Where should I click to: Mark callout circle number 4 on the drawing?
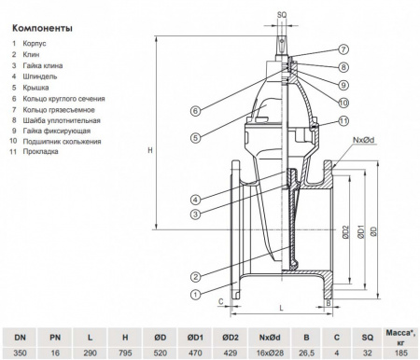point(195,199)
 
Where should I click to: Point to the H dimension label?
point(137,151)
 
